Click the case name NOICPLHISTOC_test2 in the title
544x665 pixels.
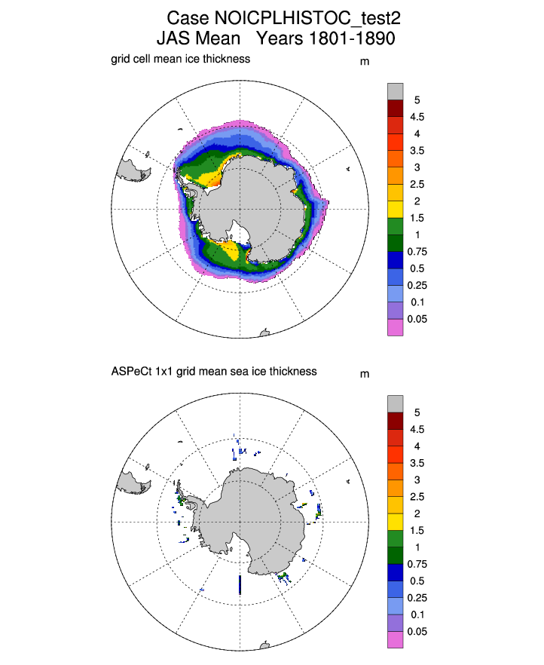tap(307, 18)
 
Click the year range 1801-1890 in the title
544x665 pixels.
tap(352, 38)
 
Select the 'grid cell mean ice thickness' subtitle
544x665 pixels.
tap(181, 59)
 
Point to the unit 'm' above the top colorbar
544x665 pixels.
tap(365, 62)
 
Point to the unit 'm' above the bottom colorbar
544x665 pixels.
tap(365, 375)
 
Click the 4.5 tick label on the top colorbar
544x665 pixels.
tap(417, 117)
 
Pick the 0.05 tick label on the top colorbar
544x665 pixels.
tap(417, 320)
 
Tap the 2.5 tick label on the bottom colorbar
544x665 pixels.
tap(417, 497)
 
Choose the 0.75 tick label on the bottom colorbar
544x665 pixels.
tap(417, 565)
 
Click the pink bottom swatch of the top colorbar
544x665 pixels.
tap(396, 327)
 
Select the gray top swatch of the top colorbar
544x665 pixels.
tap(396, 92)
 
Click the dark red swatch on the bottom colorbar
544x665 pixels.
tap(396, 421)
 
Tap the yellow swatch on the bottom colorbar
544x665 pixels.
tap(396, 522)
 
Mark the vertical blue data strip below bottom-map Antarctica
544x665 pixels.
tap(240, 585)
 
